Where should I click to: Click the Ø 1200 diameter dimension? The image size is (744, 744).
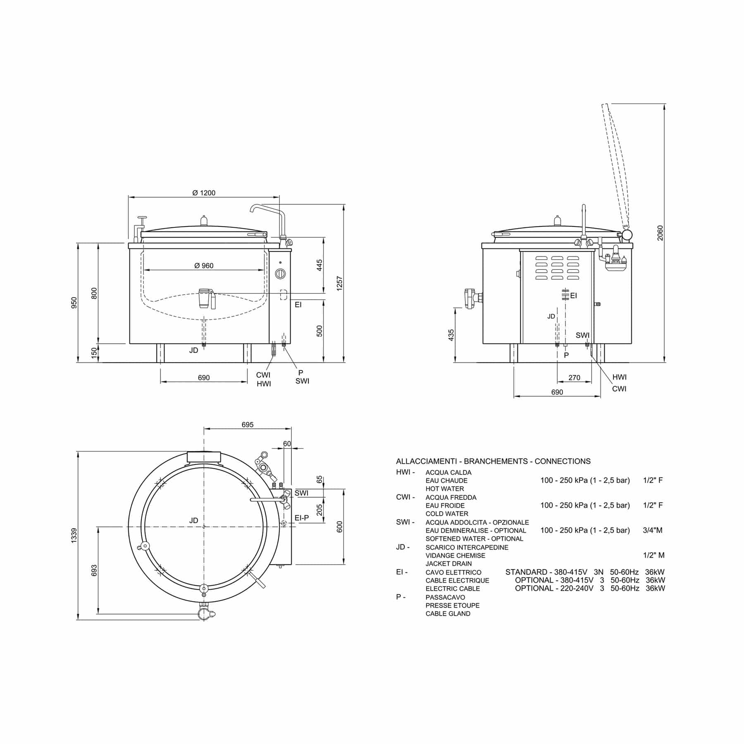pyautogui.click(x=204, y=193)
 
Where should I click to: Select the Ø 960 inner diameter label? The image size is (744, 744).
pyautogui.click(x=204, y=266)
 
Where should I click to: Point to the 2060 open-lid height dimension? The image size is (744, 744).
pyautogui.click(x=660, y=233)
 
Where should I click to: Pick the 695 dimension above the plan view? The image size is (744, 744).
pyautogui.click(x=247, y=424)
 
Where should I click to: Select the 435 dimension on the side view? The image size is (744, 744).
pyautogui.click(x=451, y=335)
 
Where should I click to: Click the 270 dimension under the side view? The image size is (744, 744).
pyautogui.click(x=574, y=377)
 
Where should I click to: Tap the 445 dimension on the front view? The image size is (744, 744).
pyautogui.click(x=320, y=265)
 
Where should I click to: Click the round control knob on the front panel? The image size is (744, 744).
pyautogui.click(x=280, y=273)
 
